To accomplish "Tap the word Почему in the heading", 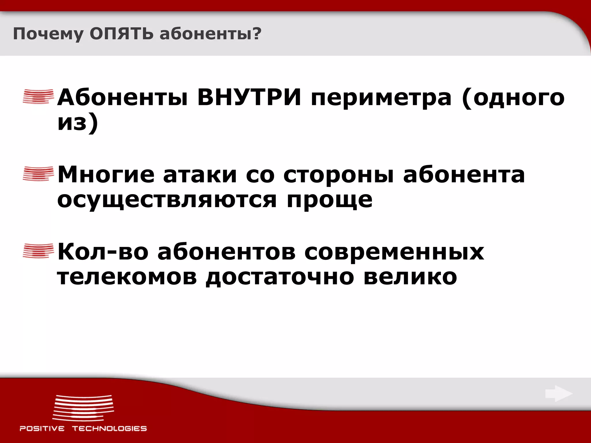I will click(x=48, y=34).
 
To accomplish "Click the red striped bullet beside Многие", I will click(x=38, y=174).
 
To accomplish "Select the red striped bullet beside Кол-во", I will click(x=38, y=251).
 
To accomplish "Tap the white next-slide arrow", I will click(x=558, y=394).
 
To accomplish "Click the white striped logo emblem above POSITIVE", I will click(x=83, y=408).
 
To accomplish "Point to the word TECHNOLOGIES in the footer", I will click(x=109, y=429).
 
